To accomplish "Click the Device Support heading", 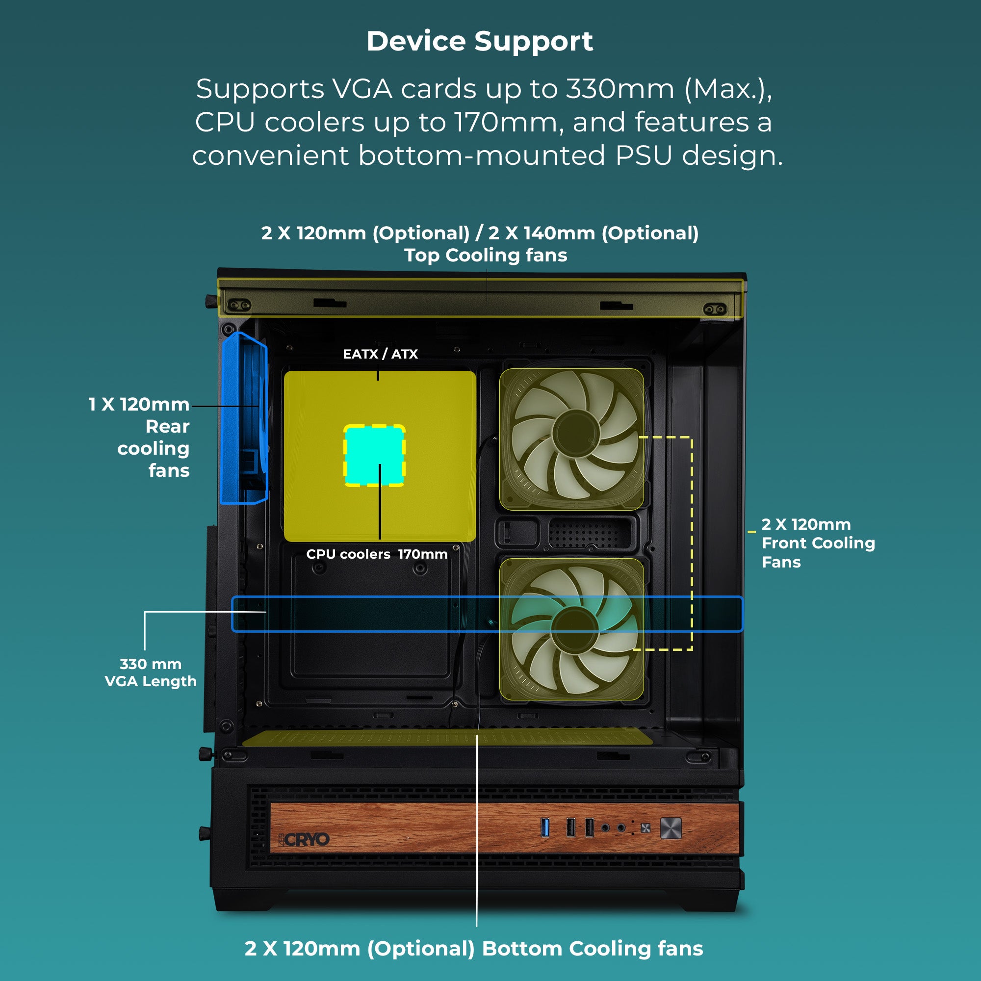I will (479, 41).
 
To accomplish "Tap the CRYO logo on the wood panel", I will (306, 840).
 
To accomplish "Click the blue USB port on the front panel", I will (545, 827).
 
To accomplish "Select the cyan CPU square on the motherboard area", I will (375, 456).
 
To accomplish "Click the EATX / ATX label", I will (380, 354).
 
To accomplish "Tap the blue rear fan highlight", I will (244, 418).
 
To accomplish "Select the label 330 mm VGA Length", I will (150, 672).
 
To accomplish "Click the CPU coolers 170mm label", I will (377, 554).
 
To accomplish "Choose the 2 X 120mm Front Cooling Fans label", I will (818, 543).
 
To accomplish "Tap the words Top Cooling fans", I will (486, 255).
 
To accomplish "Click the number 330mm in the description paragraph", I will (620, 89).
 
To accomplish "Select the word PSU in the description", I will (644, 155).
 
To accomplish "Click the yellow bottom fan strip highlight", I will (447, 738).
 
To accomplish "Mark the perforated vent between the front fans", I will (591, 533).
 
